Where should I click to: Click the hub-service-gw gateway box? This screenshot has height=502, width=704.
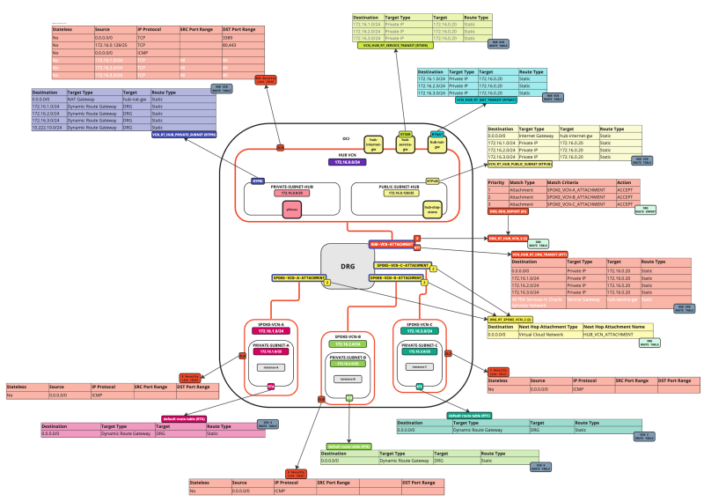click(x=406, y=144)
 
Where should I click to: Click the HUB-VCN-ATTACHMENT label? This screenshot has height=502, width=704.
click(x=389, y=243)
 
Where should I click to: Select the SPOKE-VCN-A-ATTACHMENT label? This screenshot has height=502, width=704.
click(x=297, y=277)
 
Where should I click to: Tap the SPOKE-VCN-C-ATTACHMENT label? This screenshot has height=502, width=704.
click(x=403, y=265)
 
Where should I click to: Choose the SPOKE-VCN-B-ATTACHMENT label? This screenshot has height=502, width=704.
click(x=396, y=277)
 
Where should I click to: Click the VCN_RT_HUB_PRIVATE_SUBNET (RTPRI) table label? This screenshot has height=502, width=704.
click(x=185, y=135)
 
